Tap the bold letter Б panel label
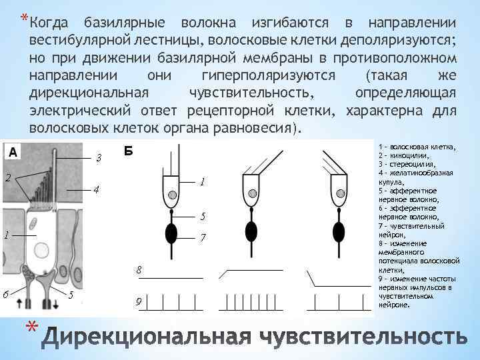click(129, 151)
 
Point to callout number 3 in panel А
click(98, 159)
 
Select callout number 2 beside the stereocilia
click(7, 178)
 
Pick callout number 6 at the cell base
click(6, 294)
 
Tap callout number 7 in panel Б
click(203, 238)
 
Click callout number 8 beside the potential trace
click(139, 270)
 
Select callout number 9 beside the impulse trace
click(139, 302)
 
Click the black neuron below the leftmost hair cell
click(172, 233)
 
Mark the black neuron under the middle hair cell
click(252, 231)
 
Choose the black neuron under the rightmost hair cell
click(340, 231)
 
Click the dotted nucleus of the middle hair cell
click(253, 194)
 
